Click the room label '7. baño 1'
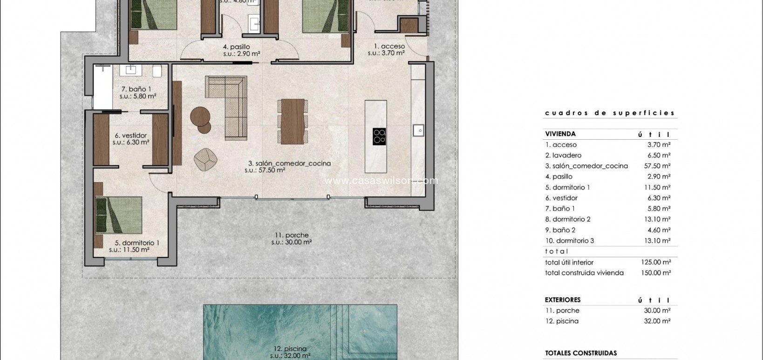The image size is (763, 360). click(136, 89)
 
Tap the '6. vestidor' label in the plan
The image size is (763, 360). click(130, 136)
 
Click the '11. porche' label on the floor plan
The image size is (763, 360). click(291, 235)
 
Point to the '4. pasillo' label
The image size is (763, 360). click(236, 47)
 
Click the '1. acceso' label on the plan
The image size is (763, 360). click(389, 46)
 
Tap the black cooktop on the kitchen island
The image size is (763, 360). click(379, 136)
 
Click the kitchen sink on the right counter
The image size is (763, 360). click(418, 130)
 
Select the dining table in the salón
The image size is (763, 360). click(293, 121)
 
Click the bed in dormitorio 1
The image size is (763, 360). click(119, 215)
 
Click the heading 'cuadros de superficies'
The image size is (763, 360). click(610, 113)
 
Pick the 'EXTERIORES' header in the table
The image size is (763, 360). click(562, 300)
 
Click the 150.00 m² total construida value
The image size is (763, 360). click(655, 273)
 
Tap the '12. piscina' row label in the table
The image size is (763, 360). click(562, 321)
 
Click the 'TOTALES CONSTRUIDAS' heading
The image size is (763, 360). click(580, 353)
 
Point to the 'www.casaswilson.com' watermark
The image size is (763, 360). click(381, 181)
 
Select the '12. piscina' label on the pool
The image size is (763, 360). click(290, 348)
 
